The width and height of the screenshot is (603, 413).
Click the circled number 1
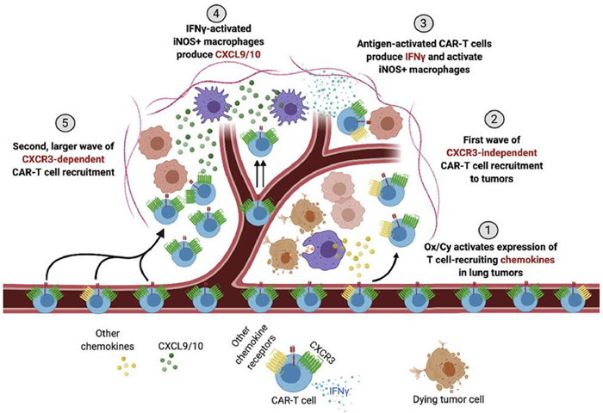[488, 230]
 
